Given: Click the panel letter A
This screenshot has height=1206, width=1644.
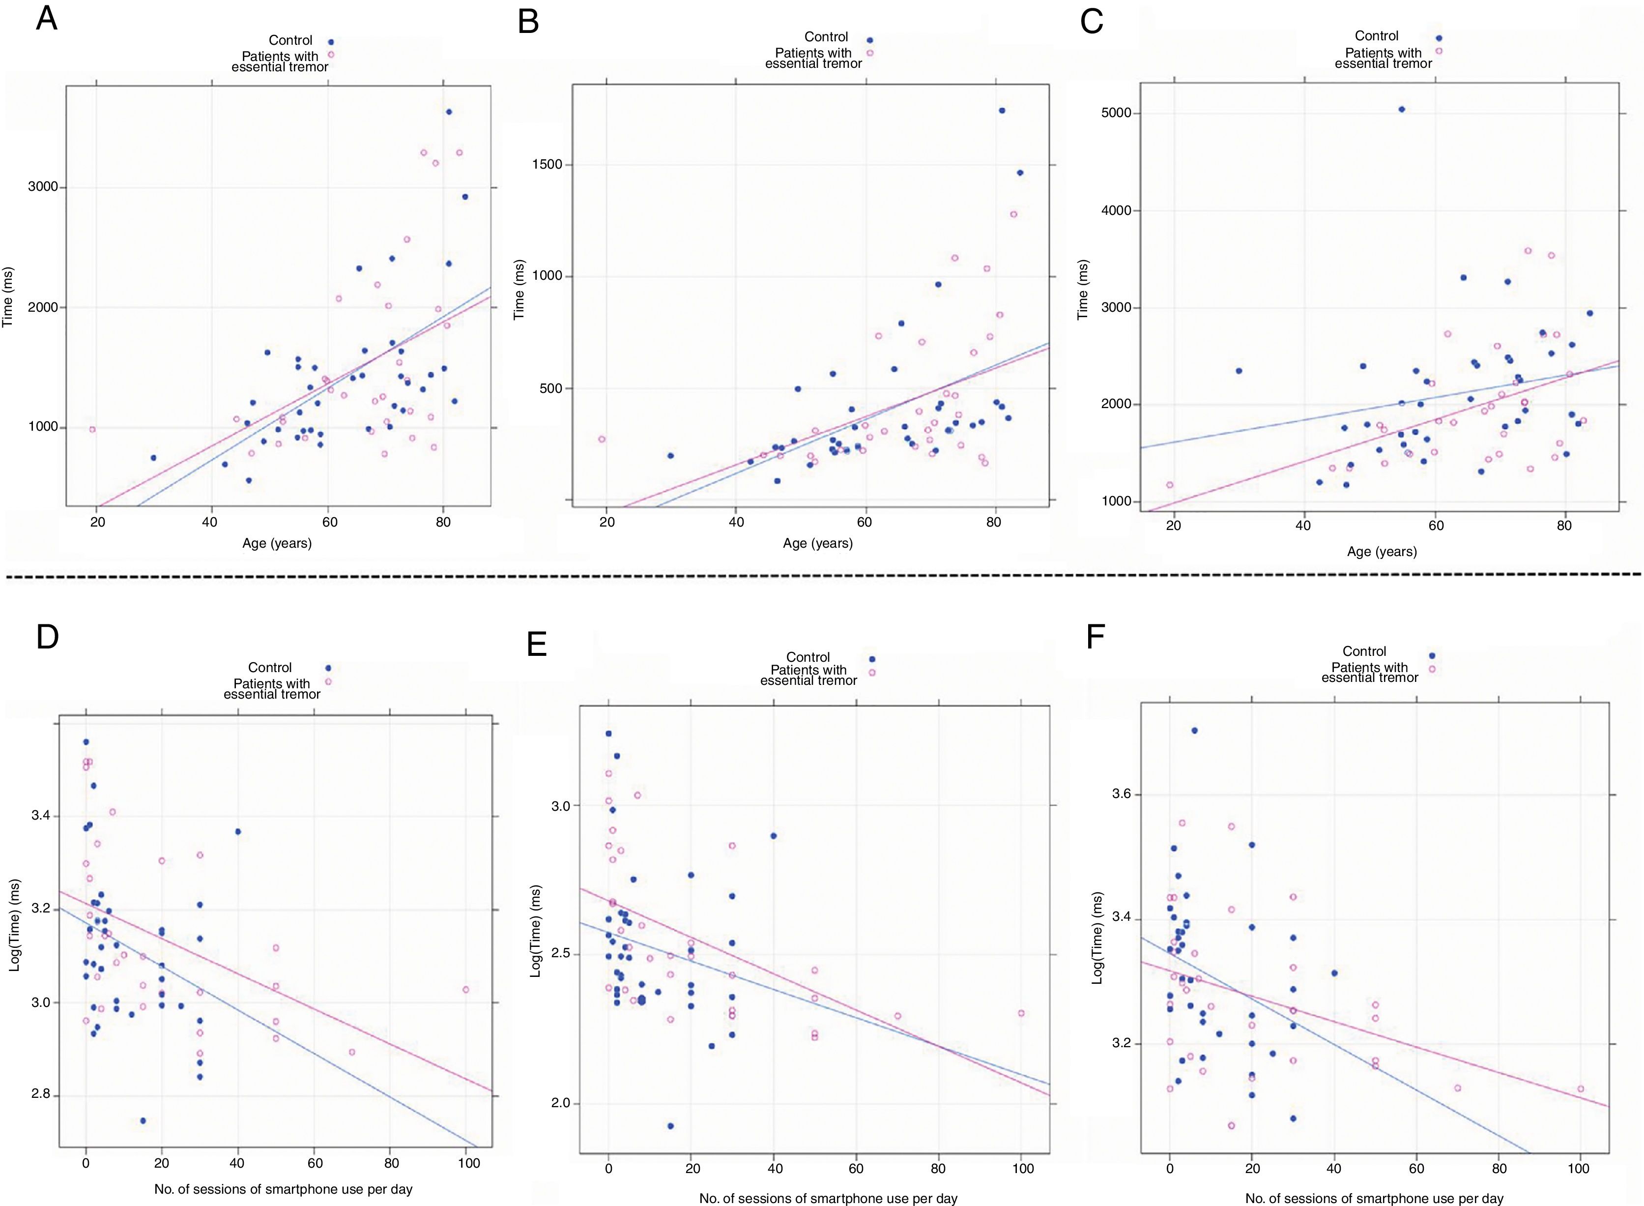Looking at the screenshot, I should (46, 18).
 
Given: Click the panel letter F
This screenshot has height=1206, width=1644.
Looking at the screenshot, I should (1096, 637).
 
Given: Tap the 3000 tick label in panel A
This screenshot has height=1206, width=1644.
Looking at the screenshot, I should (43, 187).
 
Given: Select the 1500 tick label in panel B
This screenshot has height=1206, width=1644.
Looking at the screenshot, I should (548, 164).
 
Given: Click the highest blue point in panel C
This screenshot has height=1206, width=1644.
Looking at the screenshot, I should (1401, 110).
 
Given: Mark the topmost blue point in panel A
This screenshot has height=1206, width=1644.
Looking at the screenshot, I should (449, 112).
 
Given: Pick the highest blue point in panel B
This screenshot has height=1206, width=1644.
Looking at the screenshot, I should (1002, 110).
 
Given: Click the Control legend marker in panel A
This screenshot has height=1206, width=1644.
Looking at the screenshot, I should (331, 42).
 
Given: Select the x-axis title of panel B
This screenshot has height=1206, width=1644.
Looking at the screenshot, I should (817, 543).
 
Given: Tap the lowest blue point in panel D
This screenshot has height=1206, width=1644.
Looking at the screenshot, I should (143, 1120).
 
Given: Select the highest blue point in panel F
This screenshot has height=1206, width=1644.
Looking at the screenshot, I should (1194, 730).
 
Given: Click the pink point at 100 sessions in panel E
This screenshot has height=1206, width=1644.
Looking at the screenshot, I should (1021, 1013).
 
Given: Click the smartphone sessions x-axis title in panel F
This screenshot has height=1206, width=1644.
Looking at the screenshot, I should (1374, 1198).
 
